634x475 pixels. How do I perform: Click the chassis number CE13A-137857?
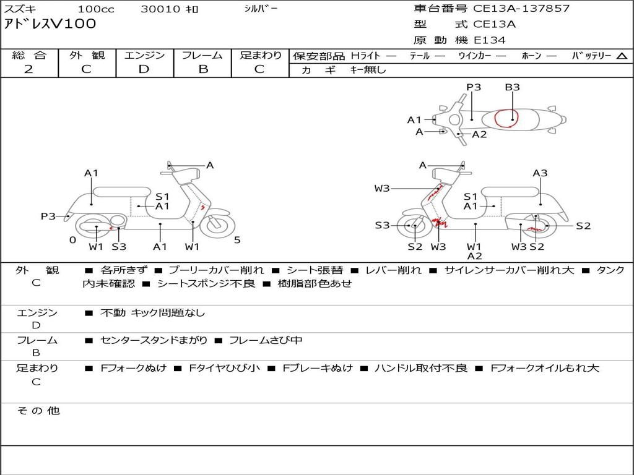click(x=521, y=8)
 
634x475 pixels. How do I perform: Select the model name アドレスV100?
click(x=50, y=24)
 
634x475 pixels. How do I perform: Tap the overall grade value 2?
click(x=28, y=69)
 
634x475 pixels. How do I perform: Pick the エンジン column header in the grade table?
click(x=144, y=55)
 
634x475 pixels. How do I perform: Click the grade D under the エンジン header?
click(x=144, y=69)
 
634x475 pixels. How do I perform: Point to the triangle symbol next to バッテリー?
click(x=622, y=56)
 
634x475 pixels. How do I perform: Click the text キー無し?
click(x=368, y=70)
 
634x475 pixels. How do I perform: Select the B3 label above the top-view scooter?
click(x=512, y=87)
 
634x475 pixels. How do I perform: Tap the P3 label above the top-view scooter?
click(x=474, y=87)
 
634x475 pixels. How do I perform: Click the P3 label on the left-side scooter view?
click(x=48, y=216)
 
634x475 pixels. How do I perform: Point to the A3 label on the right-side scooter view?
click(x=540, y=173)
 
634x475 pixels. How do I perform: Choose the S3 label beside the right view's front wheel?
click(x=382, y=225)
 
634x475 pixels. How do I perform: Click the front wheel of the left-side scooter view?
click(x=217, y=226)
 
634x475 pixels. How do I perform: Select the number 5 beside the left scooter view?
click(x=237, y=240)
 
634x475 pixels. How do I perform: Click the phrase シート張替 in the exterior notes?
click(x=315, y=270)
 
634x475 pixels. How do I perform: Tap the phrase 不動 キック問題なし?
click(x=152, y=313)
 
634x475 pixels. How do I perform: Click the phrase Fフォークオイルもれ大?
click(x=545, y=369)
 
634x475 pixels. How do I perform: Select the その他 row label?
click(x=38, y=411)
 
